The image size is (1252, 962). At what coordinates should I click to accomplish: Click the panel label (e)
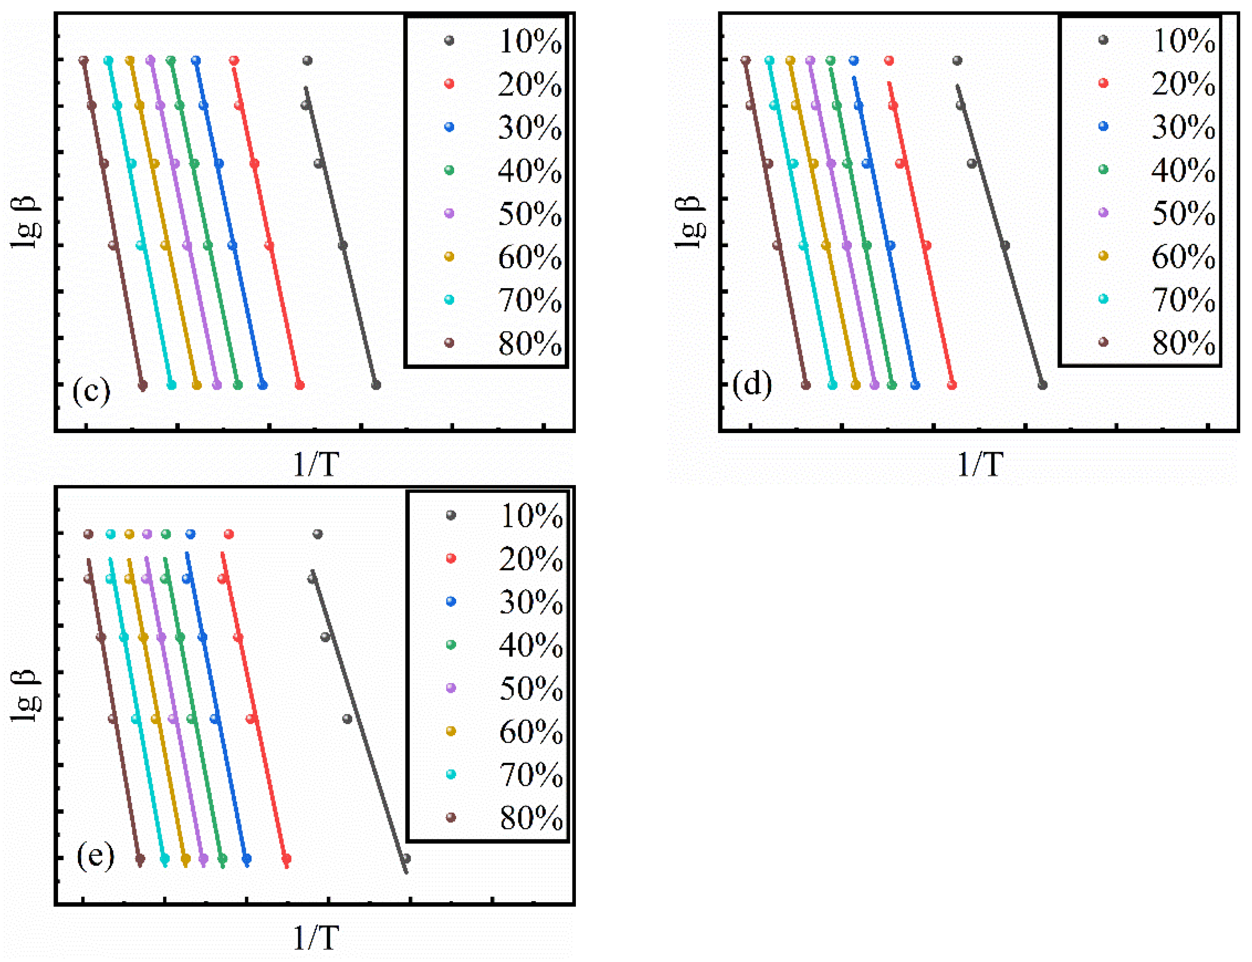[95, 856]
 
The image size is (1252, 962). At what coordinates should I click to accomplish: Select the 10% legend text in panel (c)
[530, 41]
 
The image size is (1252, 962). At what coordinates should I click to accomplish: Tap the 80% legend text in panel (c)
[530, 343]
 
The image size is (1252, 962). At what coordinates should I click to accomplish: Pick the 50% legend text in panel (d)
[1183, 214]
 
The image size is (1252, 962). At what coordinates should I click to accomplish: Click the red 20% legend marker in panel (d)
[1103, 84]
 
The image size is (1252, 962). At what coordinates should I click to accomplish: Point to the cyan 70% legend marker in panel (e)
[450, 774]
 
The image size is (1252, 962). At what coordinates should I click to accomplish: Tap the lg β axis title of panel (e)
[26, 695]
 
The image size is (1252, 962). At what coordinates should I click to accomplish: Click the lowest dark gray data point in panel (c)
[375, 385]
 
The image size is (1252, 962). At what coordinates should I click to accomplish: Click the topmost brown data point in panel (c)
[84, 60]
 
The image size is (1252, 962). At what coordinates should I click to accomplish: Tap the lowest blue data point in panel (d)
[915, 385]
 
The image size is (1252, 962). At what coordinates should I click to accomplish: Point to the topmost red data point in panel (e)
[229, 534]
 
